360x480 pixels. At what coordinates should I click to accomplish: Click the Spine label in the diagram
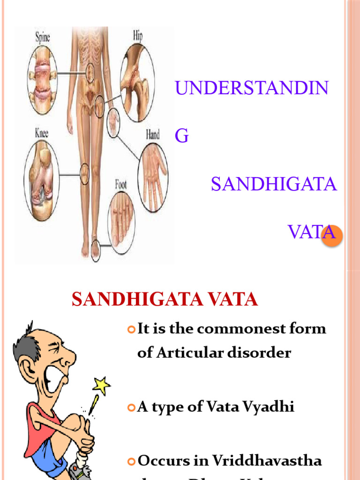pyautogui.click(x=43, y=36)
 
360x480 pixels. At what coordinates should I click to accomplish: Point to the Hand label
pyautogui.click(x=152, y=135)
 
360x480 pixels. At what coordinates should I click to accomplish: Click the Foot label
pyautogui.click(x=121, y=184)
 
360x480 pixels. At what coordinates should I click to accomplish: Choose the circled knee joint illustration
pyautogui.click(x=41, y=180)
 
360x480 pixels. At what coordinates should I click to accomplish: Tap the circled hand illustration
pyautogui.click(x=153, y=178)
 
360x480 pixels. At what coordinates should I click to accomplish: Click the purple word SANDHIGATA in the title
pyautogui.click(x=274, y=184)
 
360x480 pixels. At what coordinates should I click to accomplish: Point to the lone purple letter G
pyautogui.click(x=181, y=136)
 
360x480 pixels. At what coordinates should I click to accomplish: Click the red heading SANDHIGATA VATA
pyautogui.click(x=165, y=300)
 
